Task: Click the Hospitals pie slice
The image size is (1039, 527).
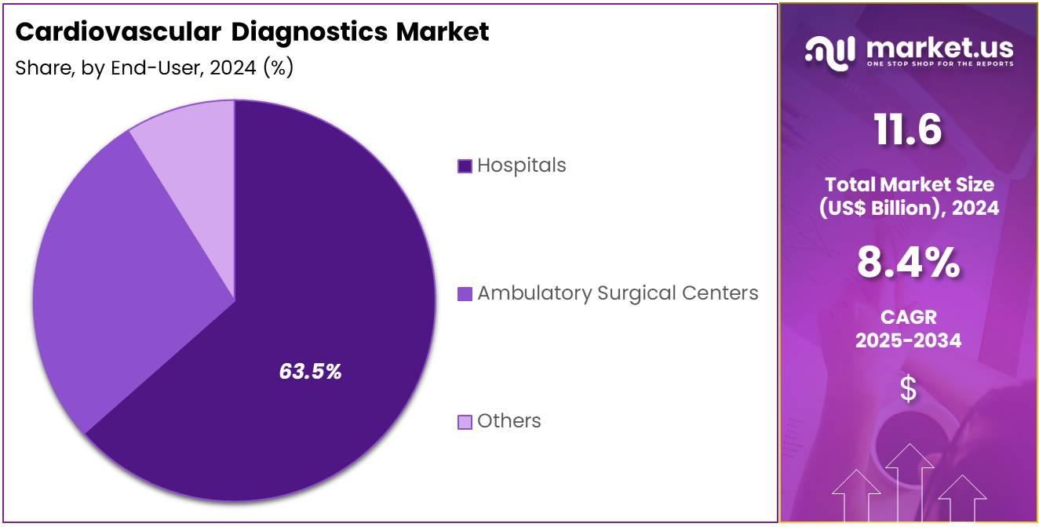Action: point(330,259)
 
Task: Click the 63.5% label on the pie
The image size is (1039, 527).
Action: point(310,372)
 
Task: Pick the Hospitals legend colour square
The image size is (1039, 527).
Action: point(465,166)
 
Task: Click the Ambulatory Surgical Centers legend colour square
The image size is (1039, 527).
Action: point(465,294)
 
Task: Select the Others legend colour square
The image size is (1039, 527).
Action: point(465,422)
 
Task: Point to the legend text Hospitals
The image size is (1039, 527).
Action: point(521,165)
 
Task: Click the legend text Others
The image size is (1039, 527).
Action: point(509,421)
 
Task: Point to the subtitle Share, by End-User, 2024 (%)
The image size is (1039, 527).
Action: point(155,68)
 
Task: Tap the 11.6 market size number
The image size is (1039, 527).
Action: point(908,129)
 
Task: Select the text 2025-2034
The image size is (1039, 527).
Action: point(908,340)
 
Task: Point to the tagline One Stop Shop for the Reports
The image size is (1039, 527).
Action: point(939,64)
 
